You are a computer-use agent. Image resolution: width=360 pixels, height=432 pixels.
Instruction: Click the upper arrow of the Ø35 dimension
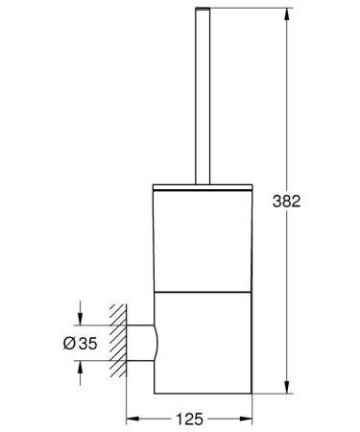81,318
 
